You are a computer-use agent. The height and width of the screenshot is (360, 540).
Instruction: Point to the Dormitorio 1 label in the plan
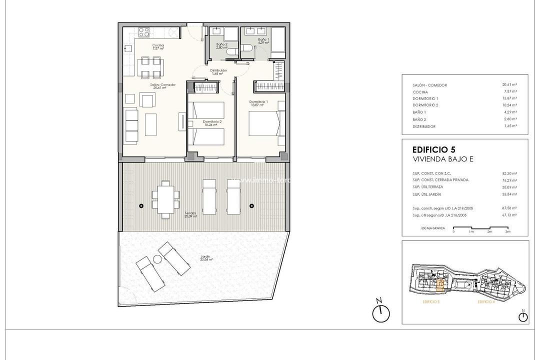click(258, 103)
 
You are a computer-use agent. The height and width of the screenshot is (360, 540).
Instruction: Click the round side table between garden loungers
click(156, 259)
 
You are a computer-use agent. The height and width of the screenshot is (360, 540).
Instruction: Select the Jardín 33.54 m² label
click(204, 258)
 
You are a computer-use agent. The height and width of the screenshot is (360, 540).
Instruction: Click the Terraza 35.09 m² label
click(190, 214)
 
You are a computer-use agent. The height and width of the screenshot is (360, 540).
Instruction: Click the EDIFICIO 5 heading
click(432, 149)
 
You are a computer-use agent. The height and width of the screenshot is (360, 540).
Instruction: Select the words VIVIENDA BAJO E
click(442, 159)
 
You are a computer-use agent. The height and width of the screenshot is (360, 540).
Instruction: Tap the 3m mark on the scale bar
click(507, 232)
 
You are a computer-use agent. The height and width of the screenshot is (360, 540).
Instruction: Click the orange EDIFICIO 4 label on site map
click(485, 302)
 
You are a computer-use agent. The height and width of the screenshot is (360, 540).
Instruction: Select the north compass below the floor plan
click(380, 312)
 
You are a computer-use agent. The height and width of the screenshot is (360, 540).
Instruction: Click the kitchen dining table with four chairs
click(150, 67)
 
